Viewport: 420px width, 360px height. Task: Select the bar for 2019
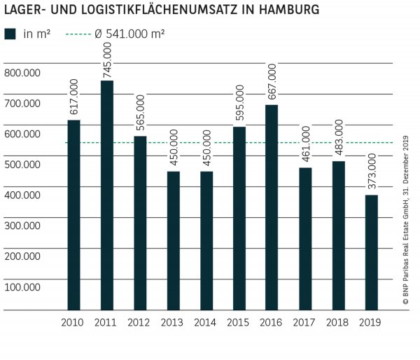[371, 252]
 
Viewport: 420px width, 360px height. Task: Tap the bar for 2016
[272, 207]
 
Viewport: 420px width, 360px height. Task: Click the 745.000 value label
[106, 59]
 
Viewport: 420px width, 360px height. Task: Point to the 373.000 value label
[371, 173]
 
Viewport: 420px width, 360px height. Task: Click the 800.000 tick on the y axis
[22, 73]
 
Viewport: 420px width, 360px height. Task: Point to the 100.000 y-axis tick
[22, 286]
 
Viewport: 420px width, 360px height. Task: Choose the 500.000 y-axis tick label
[22, 164]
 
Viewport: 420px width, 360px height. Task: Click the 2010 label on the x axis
[73, 322]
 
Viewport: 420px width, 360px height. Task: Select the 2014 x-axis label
[206, 322]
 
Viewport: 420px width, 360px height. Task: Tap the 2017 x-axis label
[305, 322]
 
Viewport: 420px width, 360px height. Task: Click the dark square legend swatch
[10, 34]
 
